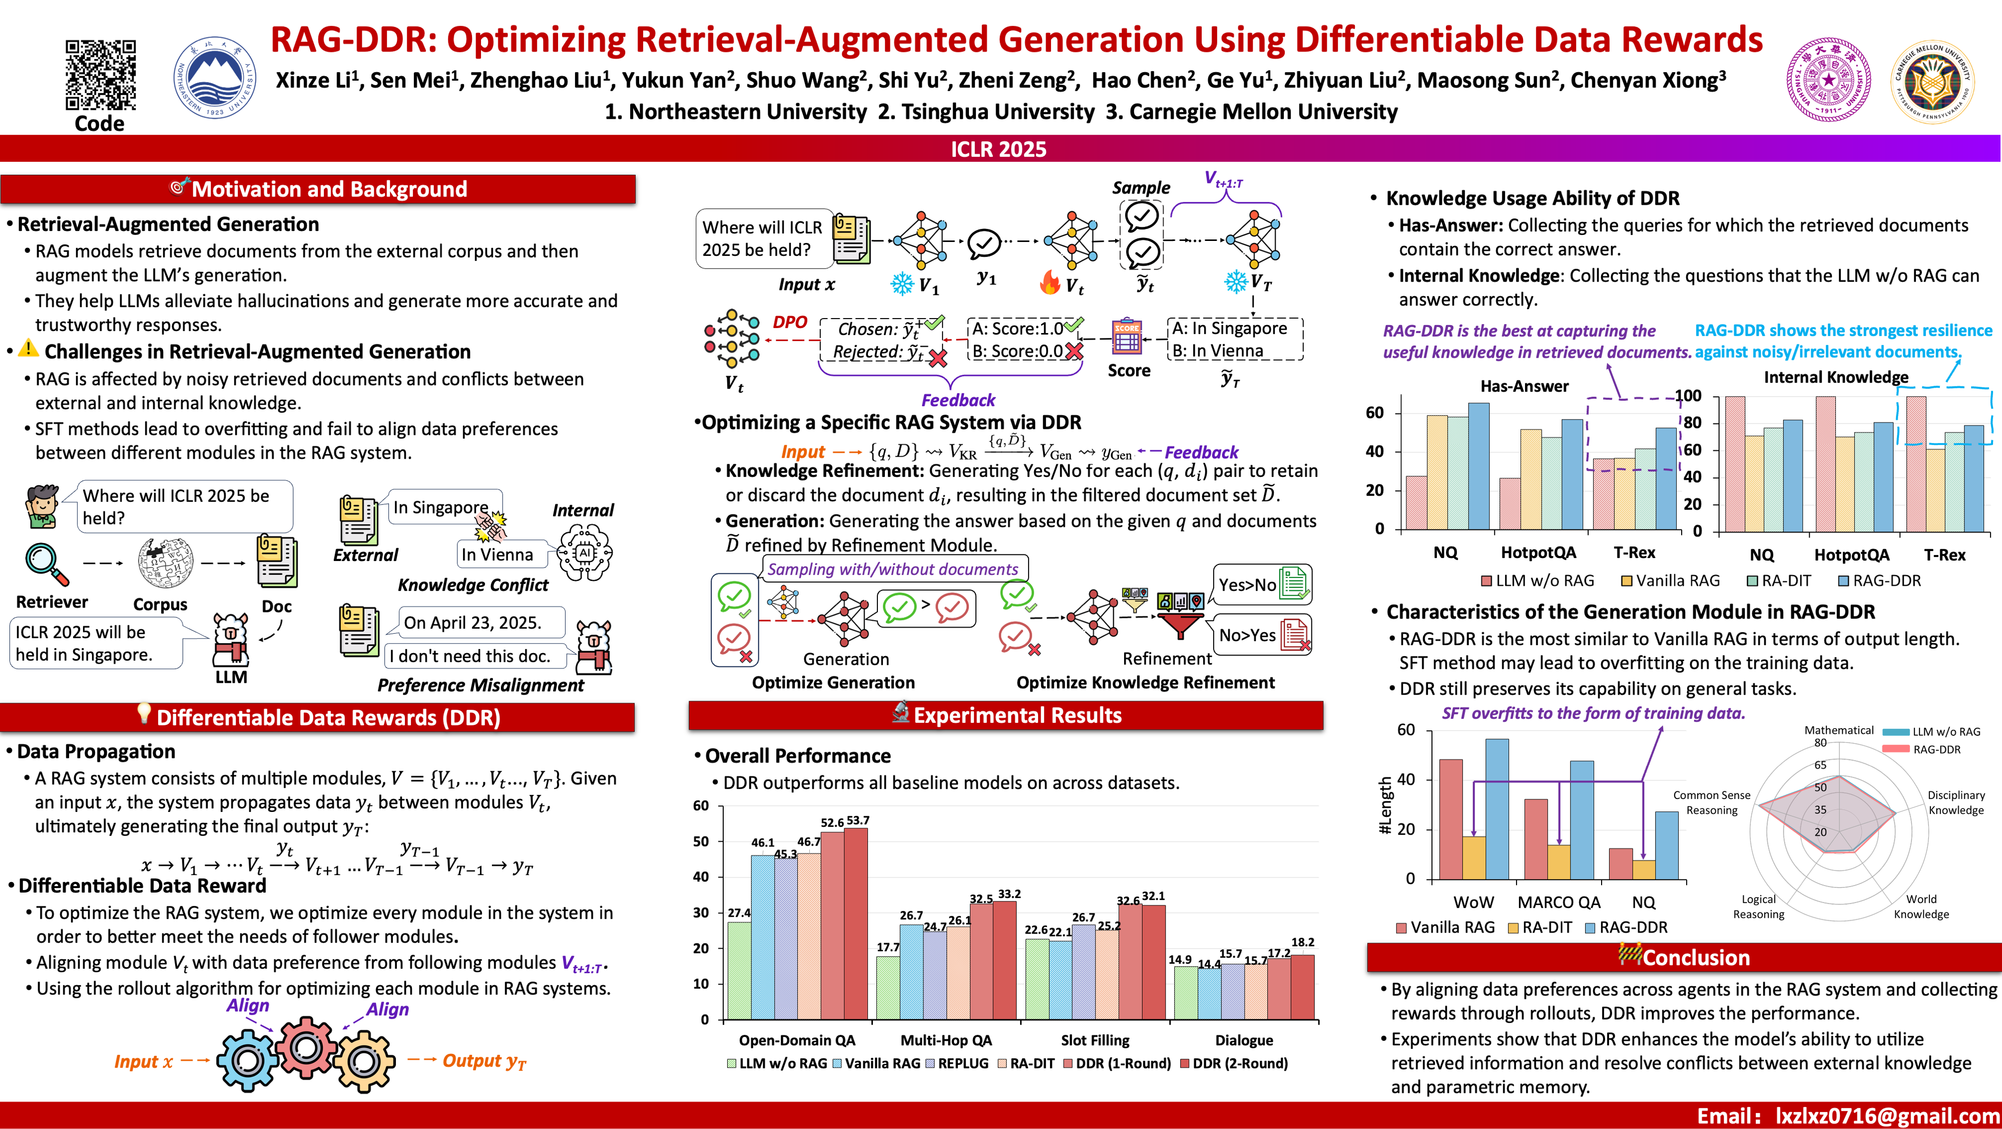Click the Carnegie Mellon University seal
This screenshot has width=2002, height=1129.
pos(1931,82)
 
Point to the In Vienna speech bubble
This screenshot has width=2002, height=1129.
pos(497,554)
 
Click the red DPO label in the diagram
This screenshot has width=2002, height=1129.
pos(790,322)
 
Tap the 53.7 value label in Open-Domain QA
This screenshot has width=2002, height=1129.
pos(858,820)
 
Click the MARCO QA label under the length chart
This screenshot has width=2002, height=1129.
pos(1559,902)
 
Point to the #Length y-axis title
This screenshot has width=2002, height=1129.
pos(1384,805)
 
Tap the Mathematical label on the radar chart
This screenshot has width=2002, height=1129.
pos(1839,730)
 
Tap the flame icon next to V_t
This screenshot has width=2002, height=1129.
pos(1049,283)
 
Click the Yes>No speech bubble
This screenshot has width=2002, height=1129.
pos(1247,585)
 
